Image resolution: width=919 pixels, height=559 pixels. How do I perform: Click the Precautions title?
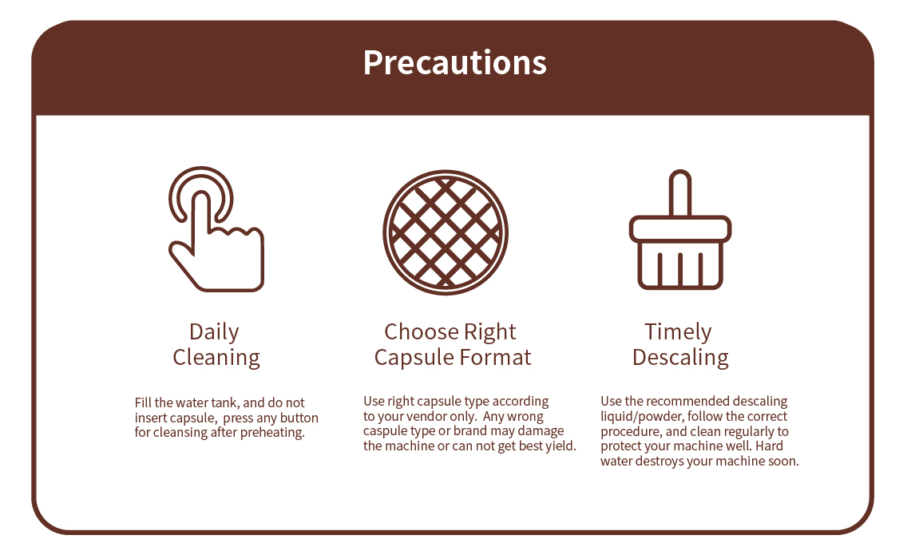pyautogui.click(x=455, y=63)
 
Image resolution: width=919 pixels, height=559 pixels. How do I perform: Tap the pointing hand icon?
pyautogui.click(x=216, y=252)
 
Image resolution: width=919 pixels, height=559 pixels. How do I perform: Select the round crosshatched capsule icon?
pyautogui.click(x=446, y=232)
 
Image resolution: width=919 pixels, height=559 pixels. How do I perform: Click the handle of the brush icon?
pyautogui.click(x=680, y=193)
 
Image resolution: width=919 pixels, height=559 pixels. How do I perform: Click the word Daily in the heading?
pyautogui.click(x=214, y=332)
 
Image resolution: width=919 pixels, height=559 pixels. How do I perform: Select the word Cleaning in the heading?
pyautogui.click(x=216, y=358)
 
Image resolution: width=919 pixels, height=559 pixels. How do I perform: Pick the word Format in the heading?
pyautogui.click(x=495, y=358)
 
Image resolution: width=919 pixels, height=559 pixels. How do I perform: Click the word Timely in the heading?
pyautogui.click(x=678, y=332)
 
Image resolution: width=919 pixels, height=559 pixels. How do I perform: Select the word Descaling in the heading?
pyautogui.click(x=680, y=358)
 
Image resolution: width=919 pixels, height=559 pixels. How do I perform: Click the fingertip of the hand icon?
pyautogui.click(x=201, y=198)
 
